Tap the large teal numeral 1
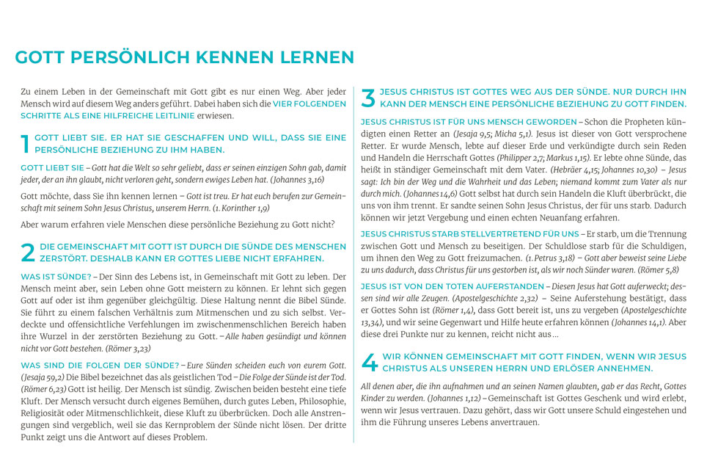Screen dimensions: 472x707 (x=26, y=143)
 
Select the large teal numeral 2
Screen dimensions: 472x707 (x=27, y=252)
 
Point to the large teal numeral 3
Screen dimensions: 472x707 (x=369, y=98)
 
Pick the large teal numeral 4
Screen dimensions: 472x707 (x=370, y=362)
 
